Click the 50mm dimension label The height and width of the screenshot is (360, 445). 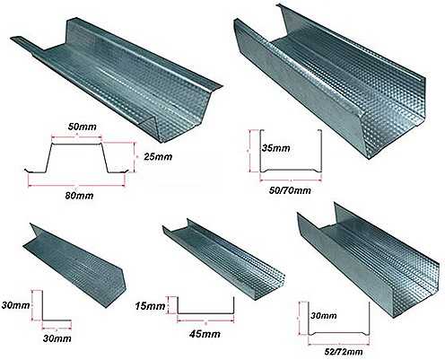click(83, 127)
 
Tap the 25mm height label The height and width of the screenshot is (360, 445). click(158, 156)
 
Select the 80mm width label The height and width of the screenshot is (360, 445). click(79, 196)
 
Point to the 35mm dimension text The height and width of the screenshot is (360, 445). click(276, 148)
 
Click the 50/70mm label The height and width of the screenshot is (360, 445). click(290, 190)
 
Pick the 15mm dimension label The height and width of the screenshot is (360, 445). click(150, 306)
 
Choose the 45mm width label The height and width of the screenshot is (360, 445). click(205, 334)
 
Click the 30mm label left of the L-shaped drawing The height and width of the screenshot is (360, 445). click(15, 305)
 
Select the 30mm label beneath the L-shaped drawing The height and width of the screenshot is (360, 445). click(57, 338)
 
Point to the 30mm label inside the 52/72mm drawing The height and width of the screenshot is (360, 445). click(323, 315)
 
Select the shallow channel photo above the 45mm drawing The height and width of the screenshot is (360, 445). click(223, 259)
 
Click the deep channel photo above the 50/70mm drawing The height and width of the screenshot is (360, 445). click(330, 81)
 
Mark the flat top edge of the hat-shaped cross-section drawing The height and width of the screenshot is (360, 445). click(77, 144)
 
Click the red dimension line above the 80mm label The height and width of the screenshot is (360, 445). click(76, 185)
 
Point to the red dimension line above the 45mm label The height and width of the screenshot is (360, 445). click(205, 321)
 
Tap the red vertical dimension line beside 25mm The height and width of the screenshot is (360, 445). click(135, 157)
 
